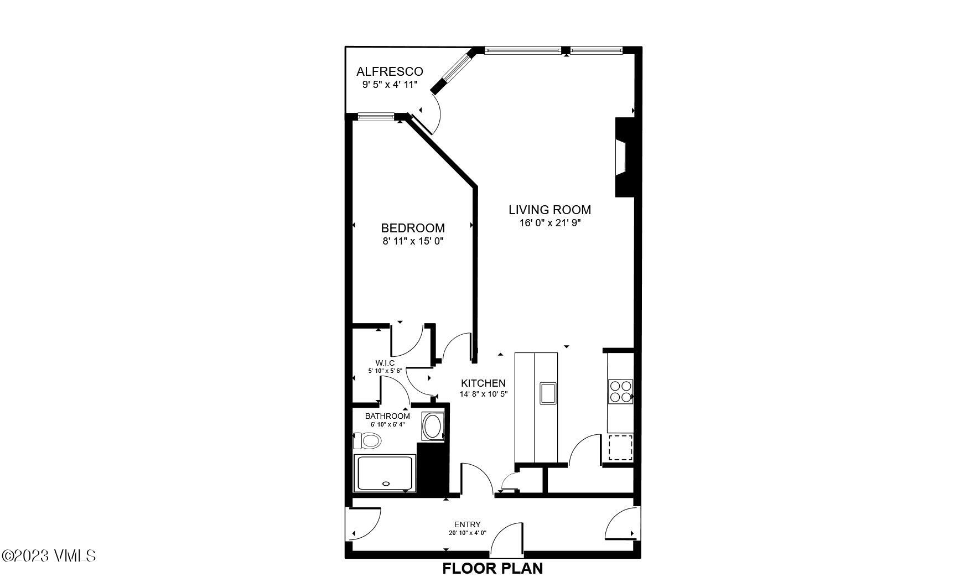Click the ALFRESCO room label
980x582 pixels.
point(390,71)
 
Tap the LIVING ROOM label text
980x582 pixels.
point(549,210)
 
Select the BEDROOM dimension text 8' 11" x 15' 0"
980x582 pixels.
point(413,241)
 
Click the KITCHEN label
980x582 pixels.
point(483,383)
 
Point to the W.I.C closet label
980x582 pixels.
point(385,363)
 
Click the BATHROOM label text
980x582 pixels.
point(387,416)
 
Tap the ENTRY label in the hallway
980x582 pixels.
point(467,524)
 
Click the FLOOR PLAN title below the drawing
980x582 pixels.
point(492,568)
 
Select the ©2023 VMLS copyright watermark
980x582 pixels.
point(49,555)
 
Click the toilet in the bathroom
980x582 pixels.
point(368,441)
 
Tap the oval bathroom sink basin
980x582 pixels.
point(432,427)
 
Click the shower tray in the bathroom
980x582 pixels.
point(385,474)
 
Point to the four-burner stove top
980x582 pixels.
point(620,391)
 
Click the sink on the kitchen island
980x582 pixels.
point(548,393)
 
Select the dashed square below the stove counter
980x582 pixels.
point(620,448)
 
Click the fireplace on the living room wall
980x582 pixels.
point(624,158)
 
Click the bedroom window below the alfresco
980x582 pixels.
point(376,117)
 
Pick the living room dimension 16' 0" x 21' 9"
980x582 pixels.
point(549,223)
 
